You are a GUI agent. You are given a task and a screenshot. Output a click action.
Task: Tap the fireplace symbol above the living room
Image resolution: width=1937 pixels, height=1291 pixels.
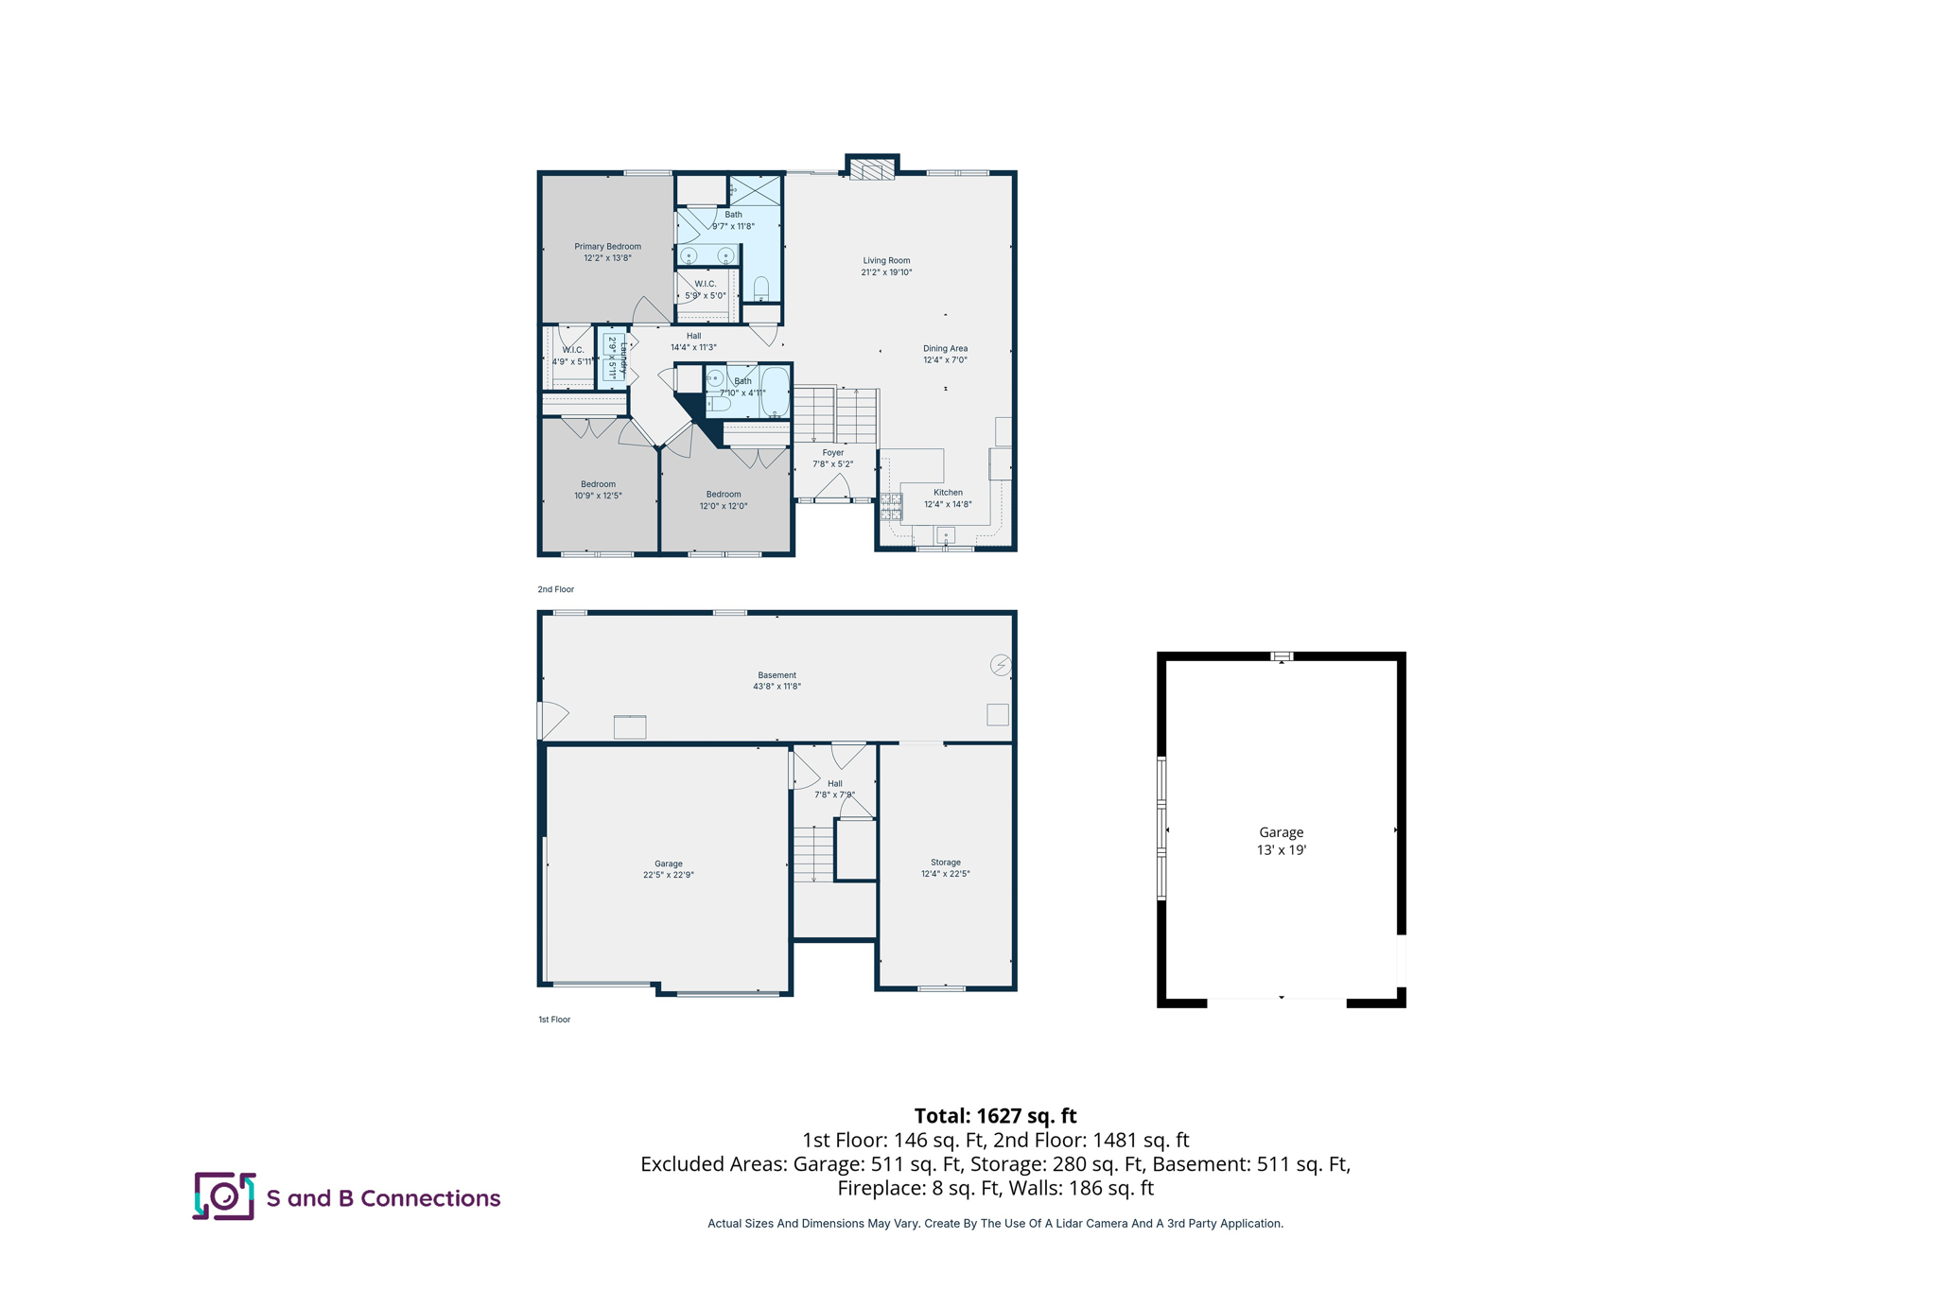pyautogui.click(x=871, y=169)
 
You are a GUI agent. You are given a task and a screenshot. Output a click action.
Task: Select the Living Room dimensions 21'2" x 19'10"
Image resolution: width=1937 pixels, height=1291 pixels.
pyautogui.click(x=886, y=272)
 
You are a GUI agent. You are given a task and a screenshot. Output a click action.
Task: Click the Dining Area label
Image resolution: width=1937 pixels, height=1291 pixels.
pyautogui.click(x=945, y=349)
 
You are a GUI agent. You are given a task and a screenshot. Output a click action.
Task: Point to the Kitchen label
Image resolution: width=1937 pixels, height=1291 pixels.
pyautogui.click(x=948, y=493)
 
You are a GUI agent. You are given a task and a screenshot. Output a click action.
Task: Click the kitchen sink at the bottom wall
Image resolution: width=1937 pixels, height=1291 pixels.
pyautogui.click(x=946, y=536)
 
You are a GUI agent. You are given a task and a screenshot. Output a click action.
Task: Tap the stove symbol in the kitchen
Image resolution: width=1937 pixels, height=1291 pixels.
pyautogui.click(x=891, y=507)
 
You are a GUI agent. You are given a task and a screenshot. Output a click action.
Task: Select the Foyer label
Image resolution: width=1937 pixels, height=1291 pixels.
pyautogui.click(x=832, y=453)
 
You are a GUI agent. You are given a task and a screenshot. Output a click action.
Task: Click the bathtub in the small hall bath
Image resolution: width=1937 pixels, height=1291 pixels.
pyautogui.click(x=775, y=392)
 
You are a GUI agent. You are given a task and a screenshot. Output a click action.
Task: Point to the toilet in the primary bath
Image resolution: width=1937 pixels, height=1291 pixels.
pyautogui.click(x=761, y=288)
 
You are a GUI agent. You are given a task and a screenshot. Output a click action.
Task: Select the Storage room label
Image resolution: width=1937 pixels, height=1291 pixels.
pyautogui.click(x=945, y=863)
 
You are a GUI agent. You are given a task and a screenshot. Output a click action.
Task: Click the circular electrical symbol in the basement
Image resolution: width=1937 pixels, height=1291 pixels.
pyautogui.click(x=1001, y=665)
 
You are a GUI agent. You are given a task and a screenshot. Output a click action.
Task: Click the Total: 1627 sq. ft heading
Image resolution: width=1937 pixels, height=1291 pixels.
pyautogui.click(x=995, y=1116)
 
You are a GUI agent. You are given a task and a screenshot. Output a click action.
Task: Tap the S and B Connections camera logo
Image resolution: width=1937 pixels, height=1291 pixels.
pyautogui.click(x=224, y=1196)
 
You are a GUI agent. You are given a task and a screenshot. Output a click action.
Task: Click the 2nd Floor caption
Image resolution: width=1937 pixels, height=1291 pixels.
pyautogui.click(x=556, y=589)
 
